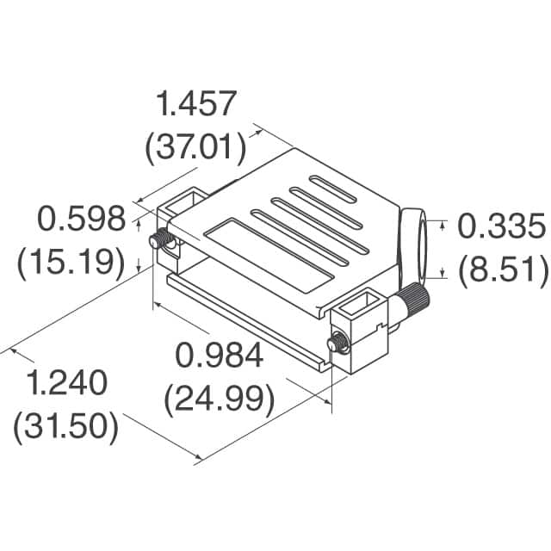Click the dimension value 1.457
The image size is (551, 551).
(x=195, y=104)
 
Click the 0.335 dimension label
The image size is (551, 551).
(x=500, y=227)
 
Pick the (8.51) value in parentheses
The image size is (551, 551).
(x=502, y=269)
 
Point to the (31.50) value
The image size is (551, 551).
(x=65, y=426)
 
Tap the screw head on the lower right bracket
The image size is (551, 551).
(x=337, y=344)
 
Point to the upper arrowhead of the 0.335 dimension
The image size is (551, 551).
(x=443, y=226)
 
